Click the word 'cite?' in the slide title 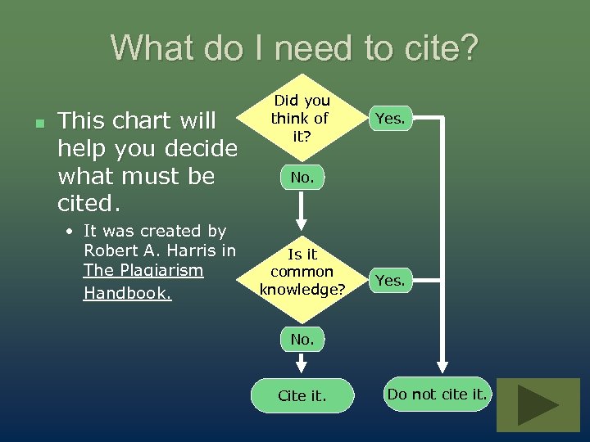coord(435,48)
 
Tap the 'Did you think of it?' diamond coord(302,119)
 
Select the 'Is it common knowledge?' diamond coord(302,272)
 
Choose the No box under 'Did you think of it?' coord(302,176)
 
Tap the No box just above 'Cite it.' coord(302,338)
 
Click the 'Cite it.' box coord(302,395)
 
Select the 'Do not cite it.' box coord(438,394)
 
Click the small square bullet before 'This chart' coord(39,123)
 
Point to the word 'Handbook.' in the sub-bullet coord(128,293)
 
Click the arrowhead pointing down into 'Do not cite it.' coord(443,368)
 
